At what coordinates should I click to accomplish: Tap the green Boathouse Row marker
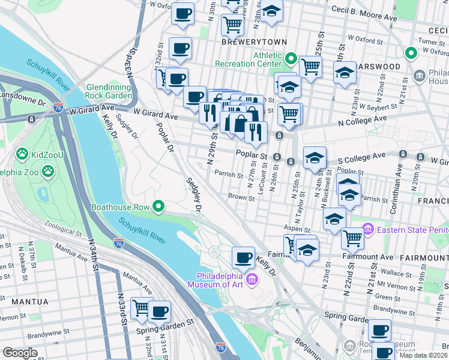(x=158, y=207)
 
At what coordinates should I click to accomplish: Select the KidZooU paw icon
(x=23, y=154)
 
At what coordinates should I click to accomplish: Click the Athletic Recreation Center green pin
(x=291, y=59)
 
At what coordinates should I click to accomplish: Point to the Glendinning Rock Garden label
(x=109, y=91)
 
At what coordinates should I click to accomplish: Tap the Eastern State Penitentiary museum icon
(x=367, y=229)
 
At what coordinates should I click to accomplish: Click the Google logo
(x=20, y=353)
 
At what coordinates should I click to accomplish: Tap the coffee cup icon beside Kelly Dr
(x=243, y=257)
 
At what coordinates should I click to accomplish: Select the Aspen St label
(x=298, y=229)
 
